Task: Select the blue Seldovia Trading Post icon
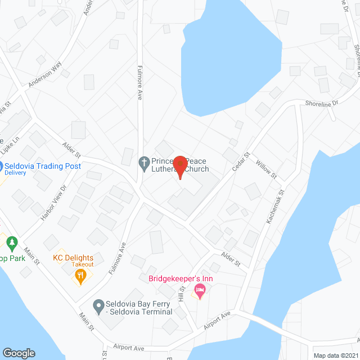click(x=2, y=167)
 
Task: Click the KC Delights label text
click(x=73, y=258)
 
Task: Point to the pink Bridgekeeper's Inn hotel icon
click(x=199, y=290)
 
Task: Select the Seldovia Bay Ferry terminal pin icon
click(x=98, y=307)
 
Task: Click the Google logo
click(x=19, y=353)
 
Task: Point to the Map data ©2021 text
click(x=335, y=355)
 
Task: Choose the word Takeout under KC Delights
click(x=82, y=264)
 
